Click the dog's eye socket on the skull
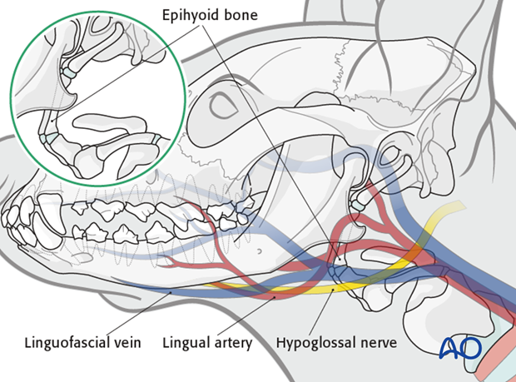224,107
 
